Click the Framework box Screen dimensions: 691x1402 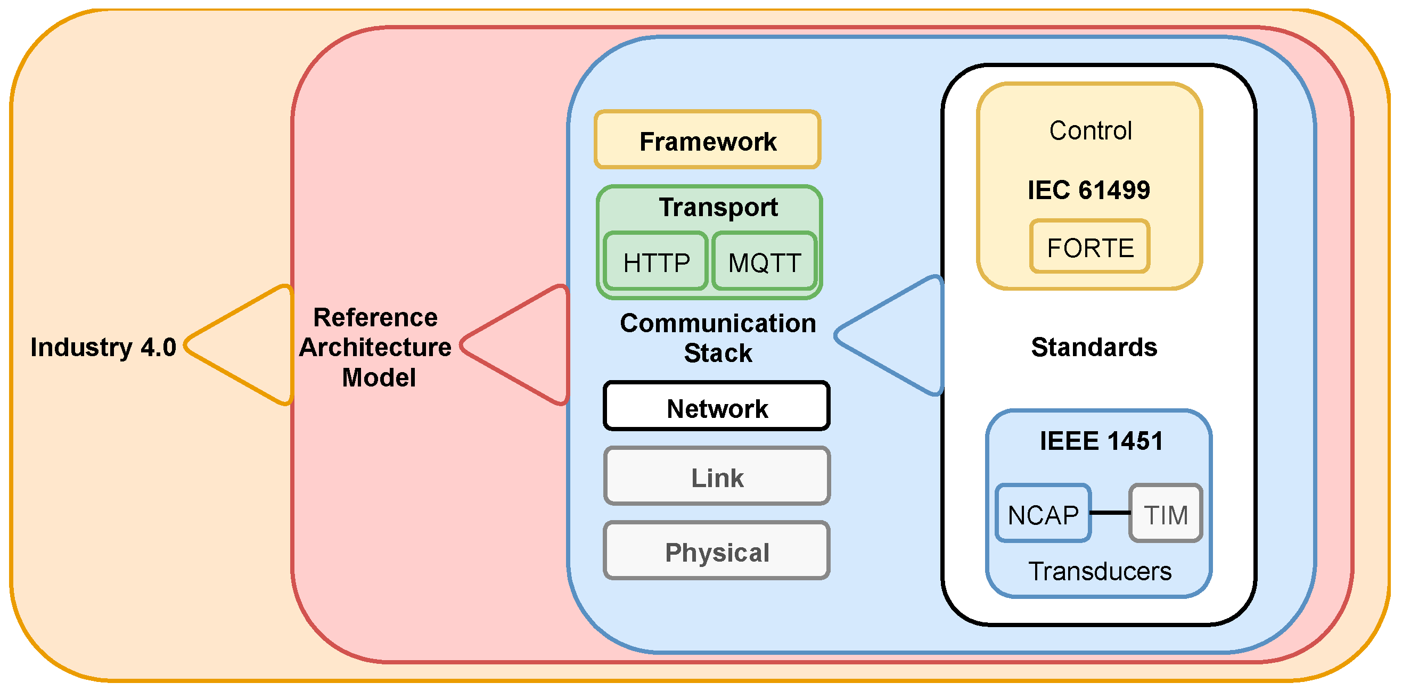coord(707,141)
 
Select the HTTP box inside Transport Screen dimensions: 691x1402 coord(656,262)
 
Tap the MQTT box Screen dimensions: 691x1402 coord(764,262)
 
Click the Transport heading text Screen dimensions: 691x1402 coord(718,207)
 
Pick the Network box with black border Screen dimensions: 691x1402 coord(716,407)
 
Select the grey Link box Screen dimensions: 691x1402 coord(716,476)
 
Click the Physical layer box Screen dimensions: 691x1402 coord(716,551)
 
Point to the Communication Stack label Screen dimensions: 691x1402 coord(717,338)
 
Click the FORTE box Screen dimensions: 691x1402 coord(1089,247)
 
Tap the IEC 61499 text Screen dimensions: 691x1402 coord(1088,190)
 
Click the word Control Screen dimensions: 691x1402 coord(1090,130)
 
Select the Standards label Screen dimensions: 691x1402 coord(1094,347)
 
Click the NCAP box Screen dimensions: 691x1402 coord(1043,513)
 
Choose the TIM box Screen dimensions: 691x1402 coord(1165,513)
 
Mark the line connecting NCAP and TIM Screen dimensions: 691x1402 coord(1110,513)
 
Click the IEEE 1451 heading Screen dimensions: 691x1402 coord(1101,440)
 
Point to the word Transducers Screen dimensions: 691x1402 coord(1100,571)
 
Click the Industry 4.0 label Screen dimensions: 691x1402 coord(103,347)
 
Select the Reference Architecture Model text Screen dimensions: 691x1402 coord(375,347)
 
